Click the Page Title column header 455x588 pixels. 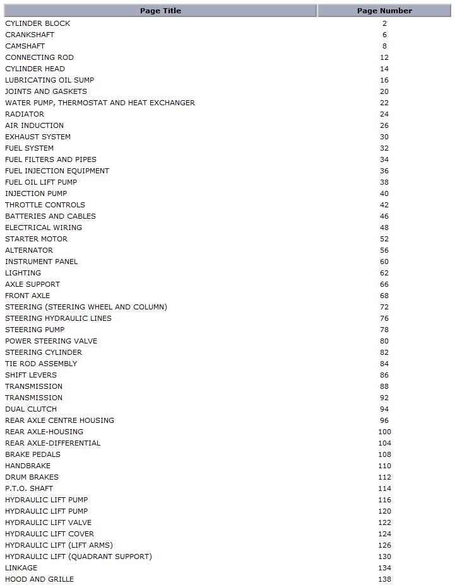[x=160, y=11]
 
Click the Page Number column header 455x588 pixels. [x=384, y=11]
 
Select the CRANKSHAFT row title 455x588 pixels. [x=30, y=35]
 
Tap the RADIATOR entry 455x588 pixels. [x=25, y=114]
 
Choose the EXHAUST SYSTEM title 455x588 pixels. [x=38, y=137]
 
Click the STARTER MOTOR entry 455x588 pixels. [x=36, y=239]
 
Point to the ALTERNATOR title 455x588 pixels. [x=29, y=250]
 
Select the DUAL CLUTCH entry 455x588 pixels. [x=31, y=409]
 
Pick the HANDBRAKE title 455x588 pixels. [x=28, y=466]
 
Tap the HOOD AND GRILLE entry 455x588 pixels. [x=39, y=579]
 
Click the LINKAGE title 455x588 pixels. [x=21, y=568]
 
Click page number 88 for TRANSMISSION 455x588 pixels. [x=384, y=386]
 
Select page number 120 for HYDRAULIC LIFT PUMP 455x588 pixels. [x=384, y=511]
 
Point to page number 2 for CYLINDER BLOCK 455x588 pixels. [x=384, y=23]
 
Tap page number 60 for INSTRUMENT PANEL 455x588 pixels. [x=384, y=262]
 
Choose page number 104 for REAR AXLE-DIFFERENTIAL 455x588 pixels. [x=384, y=443]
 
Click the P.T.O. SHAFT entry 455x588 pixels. [x=29, y=488]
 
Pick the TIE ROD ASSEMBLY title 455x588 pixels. [x=41, y=364]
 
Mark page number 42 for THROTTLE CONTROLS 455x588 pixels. [x=384, y=205]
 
